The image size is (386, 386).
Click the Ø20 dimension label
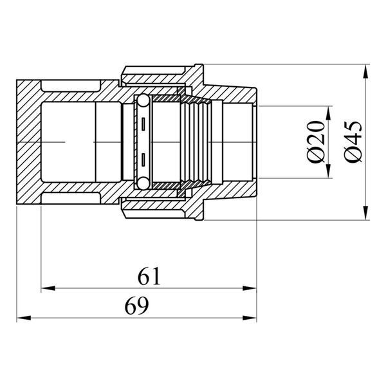pyautogui.click(x=316, y=142)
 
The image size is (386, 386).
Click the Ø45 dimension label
pyautogui.click(x=353, y=142)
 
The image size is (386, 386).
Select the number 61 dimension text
pyautogui.click(x=149, y=276)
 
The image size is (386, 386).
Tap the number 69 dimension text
pyautogui.click(x=136, y=305)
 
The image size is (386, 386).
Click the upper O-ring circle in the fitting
pyautogui.click(x=143, y=100)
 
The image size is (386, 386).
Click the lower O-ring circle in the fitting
pyautogui.click(x=143, y=183)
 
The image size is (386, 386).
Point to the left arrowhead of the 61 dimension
pyautogui.click(x=48, y=288)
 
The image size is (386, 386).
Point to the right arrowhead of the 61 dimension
pyautogui.click(x=250, y=288)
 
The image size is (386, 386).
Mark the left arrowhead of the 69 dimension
pyautogui.click(x=24, y=318)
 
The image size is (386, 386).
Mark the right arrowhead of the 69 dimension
pyautogui.click(x=250, y=318)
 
